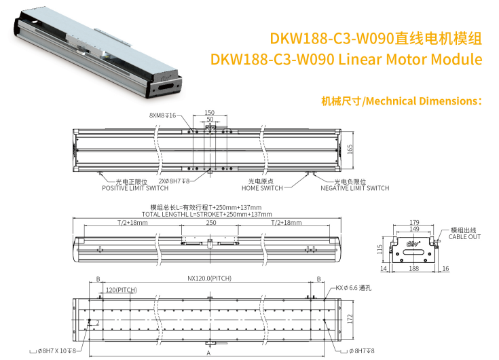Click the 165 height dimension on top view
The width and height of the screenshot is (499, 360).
350,149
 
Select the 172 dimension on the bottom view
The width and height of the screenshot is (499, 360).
350,319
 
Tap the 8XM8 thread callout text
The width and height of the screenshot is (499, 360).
162,115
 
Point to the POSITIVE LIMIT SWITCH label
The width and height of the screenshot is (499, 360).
135,188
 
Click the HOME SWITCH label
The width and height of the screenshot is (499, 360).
262,188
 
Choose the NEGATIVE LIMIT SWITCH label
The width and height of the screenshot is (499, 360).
355,188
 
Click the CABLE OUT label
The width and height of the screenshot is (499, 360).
464,237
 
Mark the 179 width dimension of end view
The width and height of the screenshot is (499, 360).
414,222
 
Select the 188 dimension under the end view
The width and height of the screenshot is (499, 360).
413,269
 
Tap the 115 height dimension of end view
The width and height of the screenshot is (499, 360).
380,249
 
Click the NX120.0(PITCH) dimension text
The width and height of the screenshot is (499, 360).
209,278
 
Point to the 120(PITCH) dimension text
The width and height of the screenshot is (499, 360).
122,290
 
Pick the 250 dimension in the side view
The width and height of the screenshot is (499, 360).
211,223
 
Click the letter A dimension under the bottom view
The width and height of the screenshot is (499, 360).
209,353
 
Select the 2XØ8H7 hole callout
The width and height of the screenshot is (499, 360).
174,181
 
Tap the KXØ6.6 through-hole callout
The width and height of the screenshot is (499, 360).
353,288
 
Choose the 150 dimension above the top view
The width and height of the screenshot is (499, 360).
209,112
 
